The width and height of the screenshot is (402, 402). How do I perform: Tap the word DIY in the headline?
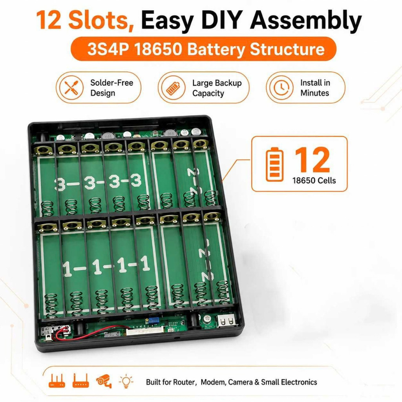221,20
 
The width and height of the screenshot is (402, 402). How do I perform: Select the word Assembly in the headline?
305,20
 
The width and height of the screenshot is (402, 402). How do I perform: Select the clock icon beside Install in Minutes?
281,88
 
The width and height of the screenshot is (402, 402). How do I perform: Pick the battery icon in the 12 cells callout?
274,164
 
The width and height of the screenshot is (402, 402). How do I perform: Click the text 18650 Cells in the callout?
314,181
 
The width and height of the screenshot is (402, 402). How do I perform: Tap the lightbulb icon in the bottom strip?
126,381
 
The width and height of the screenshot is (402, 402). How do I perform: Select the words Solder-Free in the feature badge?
111,83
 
